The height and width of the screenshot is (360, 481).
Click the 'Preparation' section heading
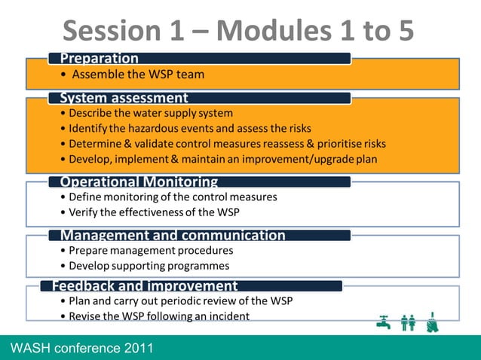tap(100, 59)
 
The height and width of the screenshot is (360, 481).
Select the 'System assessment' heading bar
tap(124, 98)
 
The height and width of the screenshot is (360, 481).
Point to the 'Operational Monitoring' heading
tap(139, 182)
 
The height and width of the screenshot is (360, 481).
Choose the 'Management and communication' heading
tap(173, 235)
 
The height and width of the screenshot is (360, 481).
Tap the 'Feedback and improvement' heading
tap(145, 285)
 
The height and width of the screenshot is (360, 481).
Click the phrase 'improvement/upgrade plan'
tap(314, 159)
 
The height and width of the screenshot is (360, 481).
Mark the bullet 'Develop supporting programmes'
tap(149, 265)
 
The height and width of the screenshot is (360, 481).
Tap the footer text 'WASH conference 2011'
tap(82, 347)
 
